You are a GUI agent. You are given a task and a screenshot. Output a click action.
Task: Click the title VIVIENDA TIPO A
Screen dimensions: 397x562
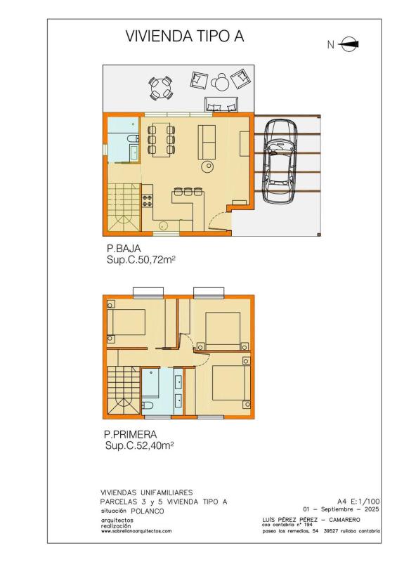coord(185,37)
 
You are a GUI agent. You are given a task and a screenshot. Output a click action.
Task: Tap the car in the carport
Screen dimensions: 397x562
coord(280,161)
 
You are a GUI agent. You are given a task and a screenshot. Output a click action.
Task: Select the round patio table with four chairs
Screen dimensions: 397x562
coord(161,87)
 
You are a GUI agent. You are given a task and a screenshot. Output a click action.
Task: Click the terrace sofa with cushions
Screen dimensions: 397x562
coord(221,104)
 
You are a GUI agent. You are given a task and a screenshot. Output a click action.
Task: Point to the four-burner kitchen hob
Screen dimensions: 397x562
coord(148,200)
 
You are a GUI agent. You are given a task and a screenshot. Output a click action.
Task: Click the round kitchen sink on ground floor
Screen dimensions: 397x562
coord(164,226)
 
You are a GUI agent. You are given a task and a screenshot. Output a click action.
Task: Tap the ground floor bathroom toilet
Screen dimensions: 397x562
coord(132,138)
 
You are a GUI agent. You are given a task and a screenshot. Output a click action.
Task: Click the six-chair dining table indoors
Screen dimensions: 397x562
coord(161,139)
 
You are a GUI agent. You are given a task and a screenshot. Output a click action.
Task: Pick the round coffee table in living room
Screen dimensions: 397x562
coord(208,166)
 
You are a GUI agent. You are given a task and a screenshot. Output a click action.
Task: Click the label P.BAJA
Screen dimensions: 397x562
coord(124,248)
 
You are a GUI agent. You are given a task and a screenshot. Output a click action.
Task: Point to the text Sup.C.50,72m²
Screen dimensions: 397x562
coord(141,260)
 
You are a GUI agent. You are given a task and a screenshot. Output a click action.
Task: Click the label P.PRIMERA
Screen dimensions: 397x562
coord(131,434)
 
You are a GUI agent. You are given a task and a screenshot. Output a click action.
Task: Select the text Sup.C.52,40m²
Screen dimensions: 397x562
coord(140,445)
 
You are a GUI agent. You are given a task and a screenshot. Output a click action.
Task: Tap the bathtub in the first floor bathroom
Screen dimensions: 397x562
coord(150,381)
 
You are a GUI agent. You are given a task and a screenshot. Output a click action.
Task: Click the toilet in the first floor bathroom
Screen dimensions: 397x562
coord(148,405)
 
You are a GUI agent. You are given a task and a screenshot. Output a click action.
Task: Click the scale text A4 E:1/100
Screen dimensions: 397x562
coord(358,501)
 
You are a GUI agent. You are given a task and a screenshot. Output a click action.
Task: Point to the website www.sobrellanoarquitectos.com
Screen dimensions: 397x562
coord(136,531)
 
